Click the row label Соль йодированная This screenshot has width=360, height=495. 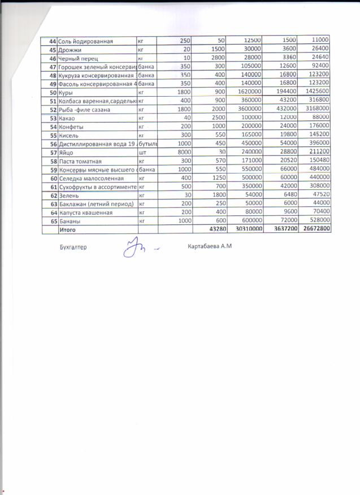(86, 41)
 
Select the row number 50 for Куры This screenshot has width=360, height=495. (53, 92)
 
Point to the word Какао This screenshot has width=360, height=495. (68, 117)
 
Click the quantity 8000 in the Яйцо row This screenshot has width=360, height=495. (181, 153)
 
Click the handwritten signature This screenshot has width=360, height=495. (131, 248)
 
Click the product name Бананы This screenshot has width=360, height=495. (70, 221)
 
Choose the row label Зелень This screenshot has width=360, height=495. (69, 195)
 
